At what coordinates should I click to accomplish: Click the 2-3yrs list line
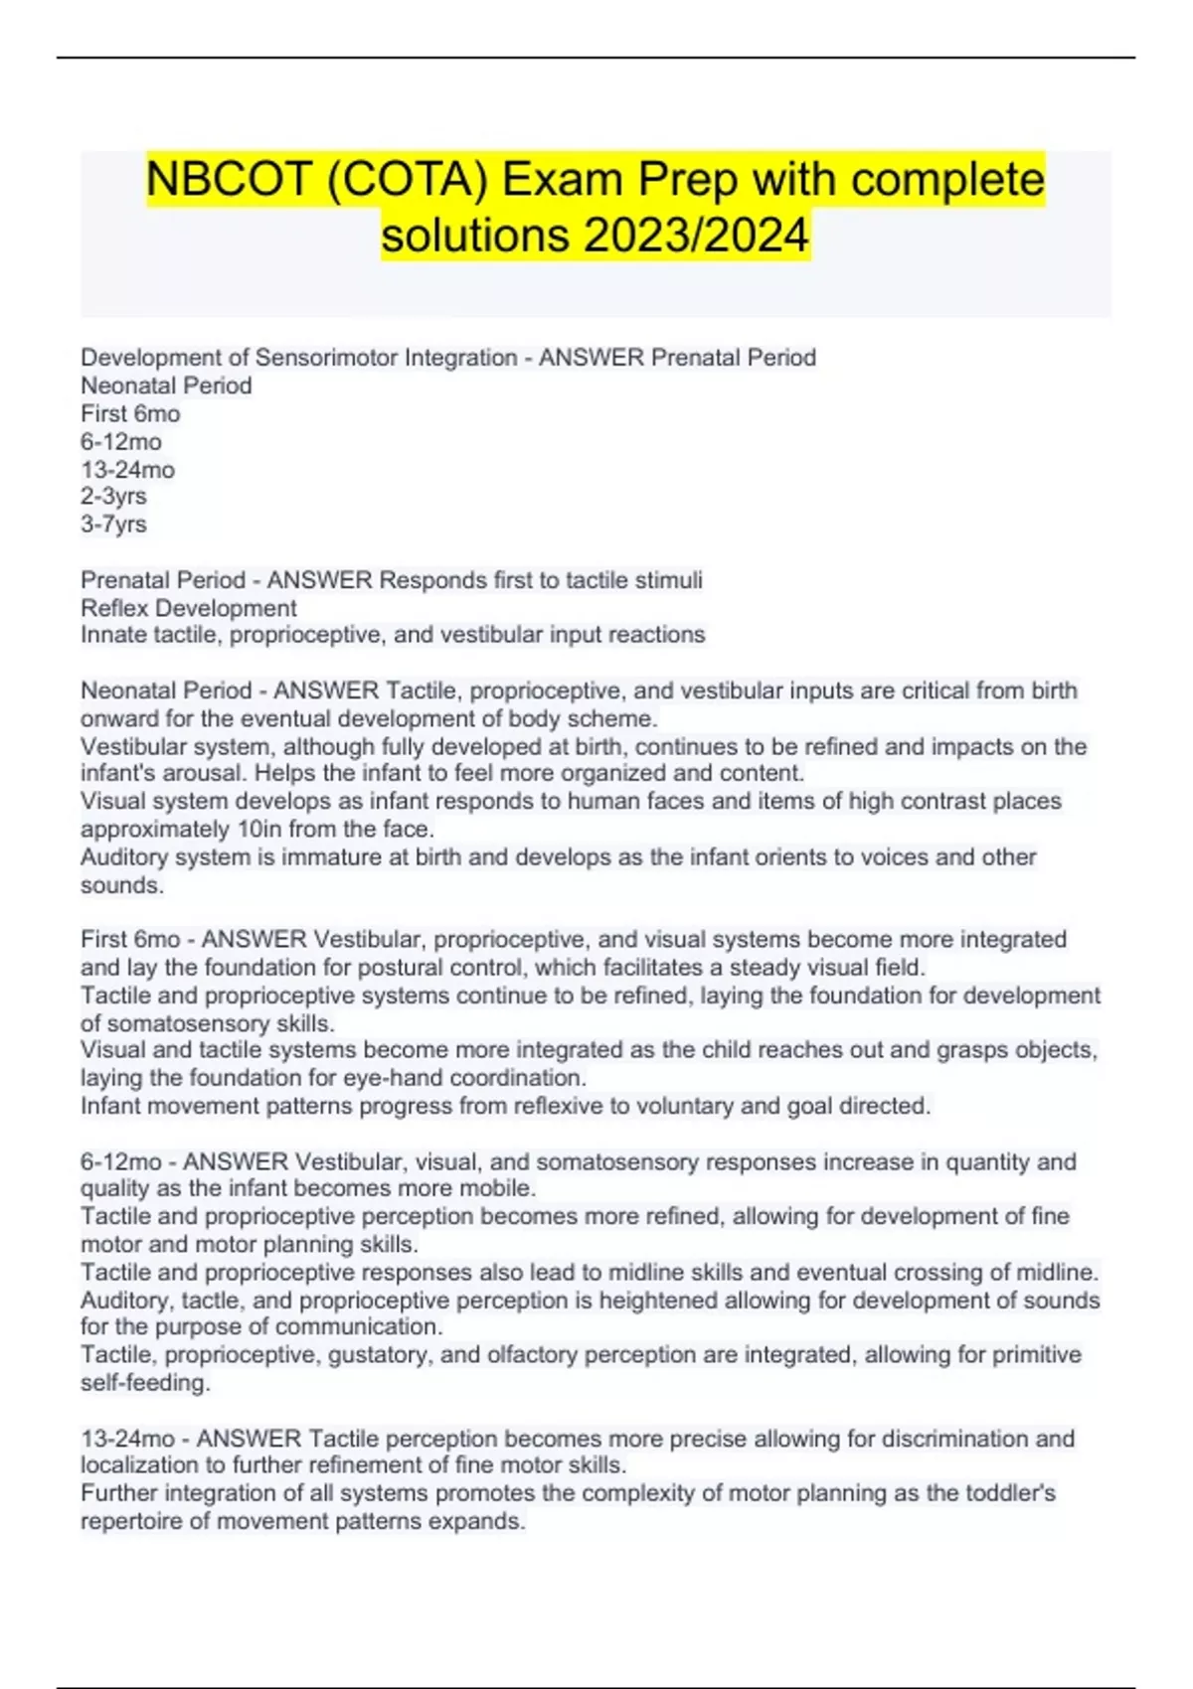click(x=113, y=496)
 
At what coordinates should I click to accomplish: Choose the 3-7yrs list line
click(x=113, y=524)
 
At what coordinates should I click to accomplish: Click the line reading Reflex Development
click(x=188, y=608)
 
